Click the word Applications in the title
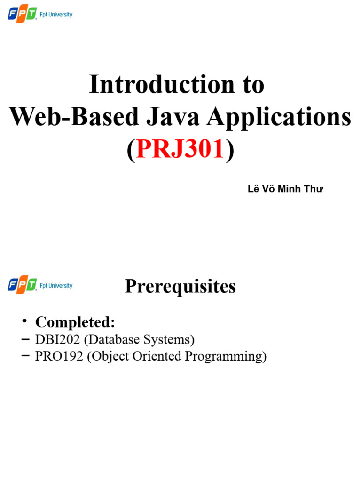pos(279,117)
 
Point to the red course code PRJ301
pos(180,149)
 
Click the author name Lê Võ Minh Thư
pos(285,189)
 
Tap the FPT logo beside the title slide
pos(22,15)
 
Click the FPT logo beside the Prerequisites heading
pos(22,286)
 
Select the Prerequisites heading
pos(180,286)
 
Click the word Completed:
pos(75,322)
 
